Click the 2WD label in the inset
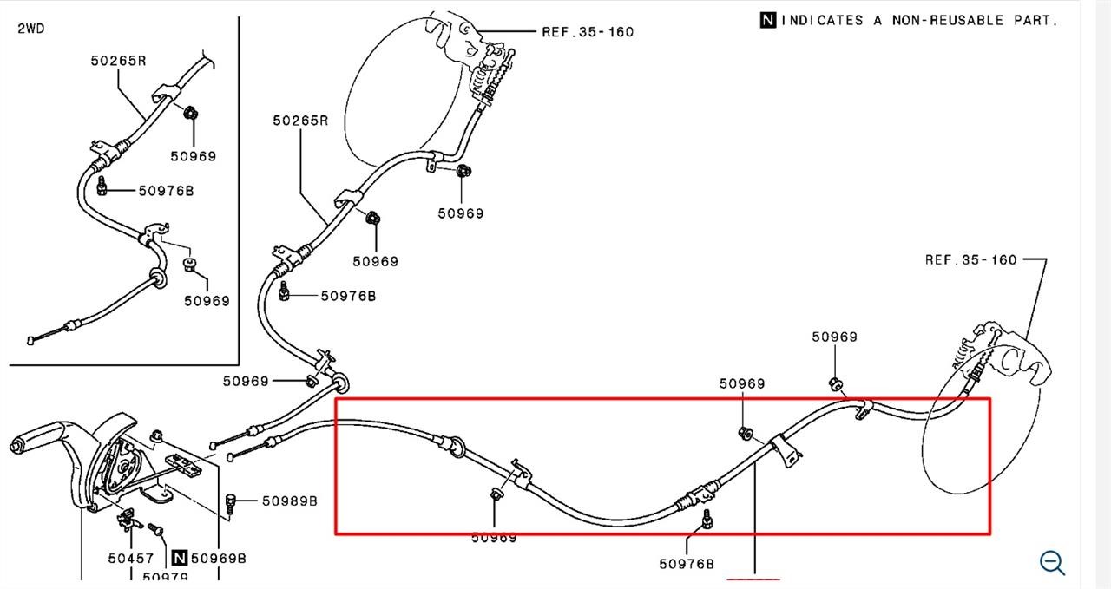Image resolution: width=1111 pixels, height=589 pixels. click(30, 29)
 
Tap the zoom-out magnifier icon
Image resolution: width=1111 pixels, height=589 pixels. click(1052, 563)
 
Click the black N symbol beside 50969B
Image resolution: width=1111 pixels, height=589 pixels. click(180, 558)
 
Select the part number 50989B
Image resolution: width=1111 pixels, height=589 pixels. click(290, 501)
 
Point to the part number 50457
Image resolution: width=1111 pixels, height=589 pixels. click(131, 559)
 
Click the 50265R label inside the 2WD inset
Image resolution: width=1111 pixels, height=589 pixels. click(119, 61)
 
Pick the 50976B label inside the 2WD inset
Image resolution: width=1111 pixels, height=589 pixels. click(166, 190)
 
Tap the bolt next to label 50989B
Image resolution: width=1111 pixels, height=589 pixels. click(230, 503)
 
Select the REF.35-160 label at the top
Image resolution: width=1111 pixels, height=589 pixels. click(588, 32)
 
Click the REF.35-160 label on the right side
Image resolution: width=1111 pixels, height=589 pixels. click(970, 259)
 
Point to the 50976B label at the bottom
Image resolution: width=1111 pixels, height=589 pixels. click(687, 564)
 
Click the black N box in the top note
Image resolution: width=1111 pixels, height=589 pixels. click(768, 20)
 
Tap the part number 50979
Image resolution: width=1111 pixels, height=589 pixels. click(165, 577)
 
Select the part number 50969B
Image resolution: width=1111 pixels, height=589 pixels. click(218, 559)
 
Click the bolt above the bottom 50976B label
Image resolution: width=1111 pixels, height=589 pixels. click(707, 519)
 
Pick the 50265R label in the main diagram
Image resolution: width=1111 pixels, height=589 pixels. click(300, 121)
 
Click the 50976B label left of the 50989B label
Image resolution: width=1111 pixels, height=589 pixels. click(348, 296)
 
